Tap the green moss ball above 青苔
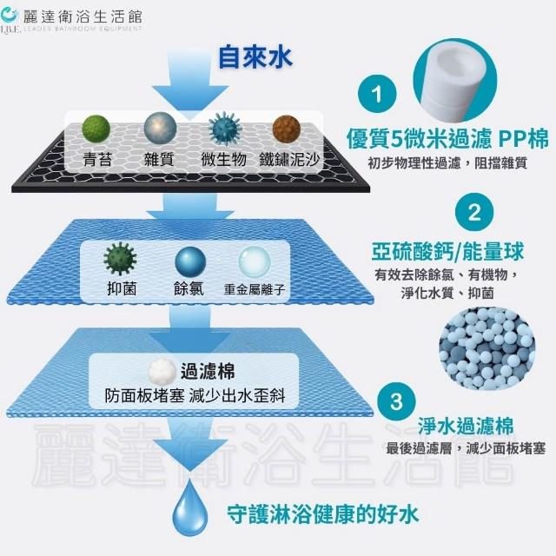[x=96, y=130]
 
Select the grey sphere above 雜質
[x=160, y=130]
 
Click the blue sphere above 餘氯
[x=189, y=261]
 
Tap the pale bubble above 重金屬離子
[x=254, y=261]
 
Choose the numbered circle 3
[x=396, y=401]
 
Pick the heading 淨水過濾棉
[x=465, y=427]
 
